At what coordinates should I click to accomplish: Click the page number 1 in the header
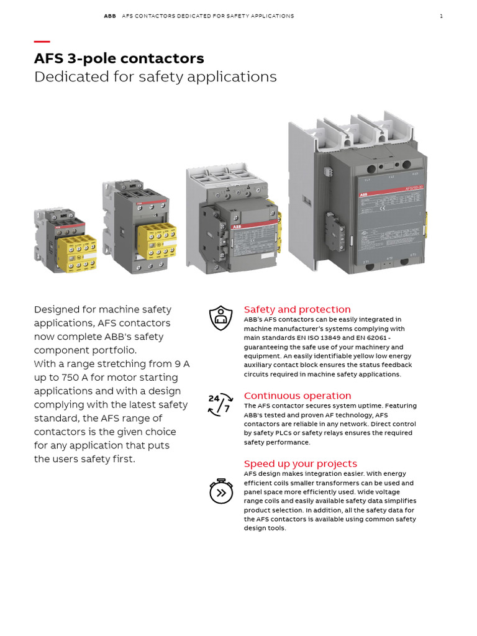coord(441,16)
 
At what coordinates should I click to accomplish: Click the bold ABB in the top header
coord(109,16)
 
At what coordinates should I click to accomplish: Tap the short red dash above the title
coord(42,42)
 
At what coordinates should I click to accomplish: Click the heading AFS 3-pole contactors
coord(119,58)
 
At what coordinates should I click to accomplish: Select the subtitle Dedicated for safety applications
coord(155,76)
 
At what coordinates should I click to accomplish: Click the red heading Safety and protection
coord(297,309)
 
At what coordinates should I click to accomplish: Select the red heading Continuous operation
coord(297,396)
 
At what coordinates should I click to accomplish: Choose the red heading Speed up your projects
coord(300,463)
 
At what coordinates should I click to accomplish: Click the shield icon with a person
coord(220,318)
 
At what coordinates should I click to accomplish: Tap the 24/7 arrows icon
coord(220,404)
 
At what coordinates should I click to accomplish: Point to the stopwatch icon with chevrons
coord(220,491)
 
